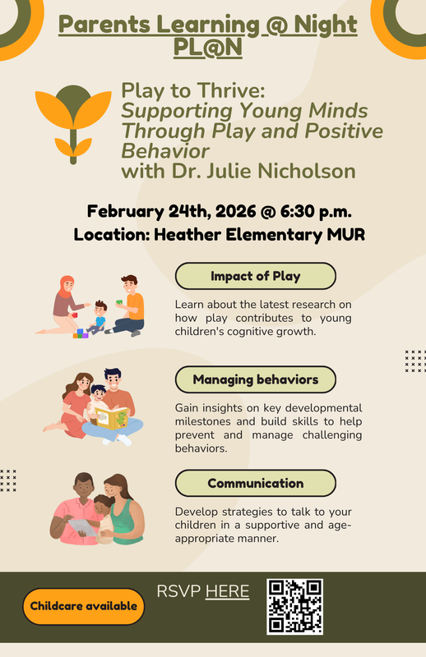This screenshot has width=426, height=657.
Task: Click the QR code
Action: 294,606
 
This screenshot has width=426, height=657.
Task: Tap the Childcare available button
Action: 84,606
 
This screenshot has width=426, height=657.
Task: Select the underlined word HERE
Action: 227,591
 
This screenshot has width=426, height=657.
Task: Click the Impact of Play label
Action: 255,276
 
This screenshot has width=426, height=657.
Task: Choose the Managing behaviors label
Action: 255,379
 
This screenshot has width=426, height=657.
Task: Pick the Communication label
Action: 255,483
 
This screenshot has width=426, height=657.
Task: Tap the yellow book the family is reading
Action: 112,416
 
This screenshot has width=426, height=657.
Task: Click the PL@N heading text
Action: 208,48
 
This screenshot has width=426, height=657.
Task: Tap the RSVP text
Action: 178,591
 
